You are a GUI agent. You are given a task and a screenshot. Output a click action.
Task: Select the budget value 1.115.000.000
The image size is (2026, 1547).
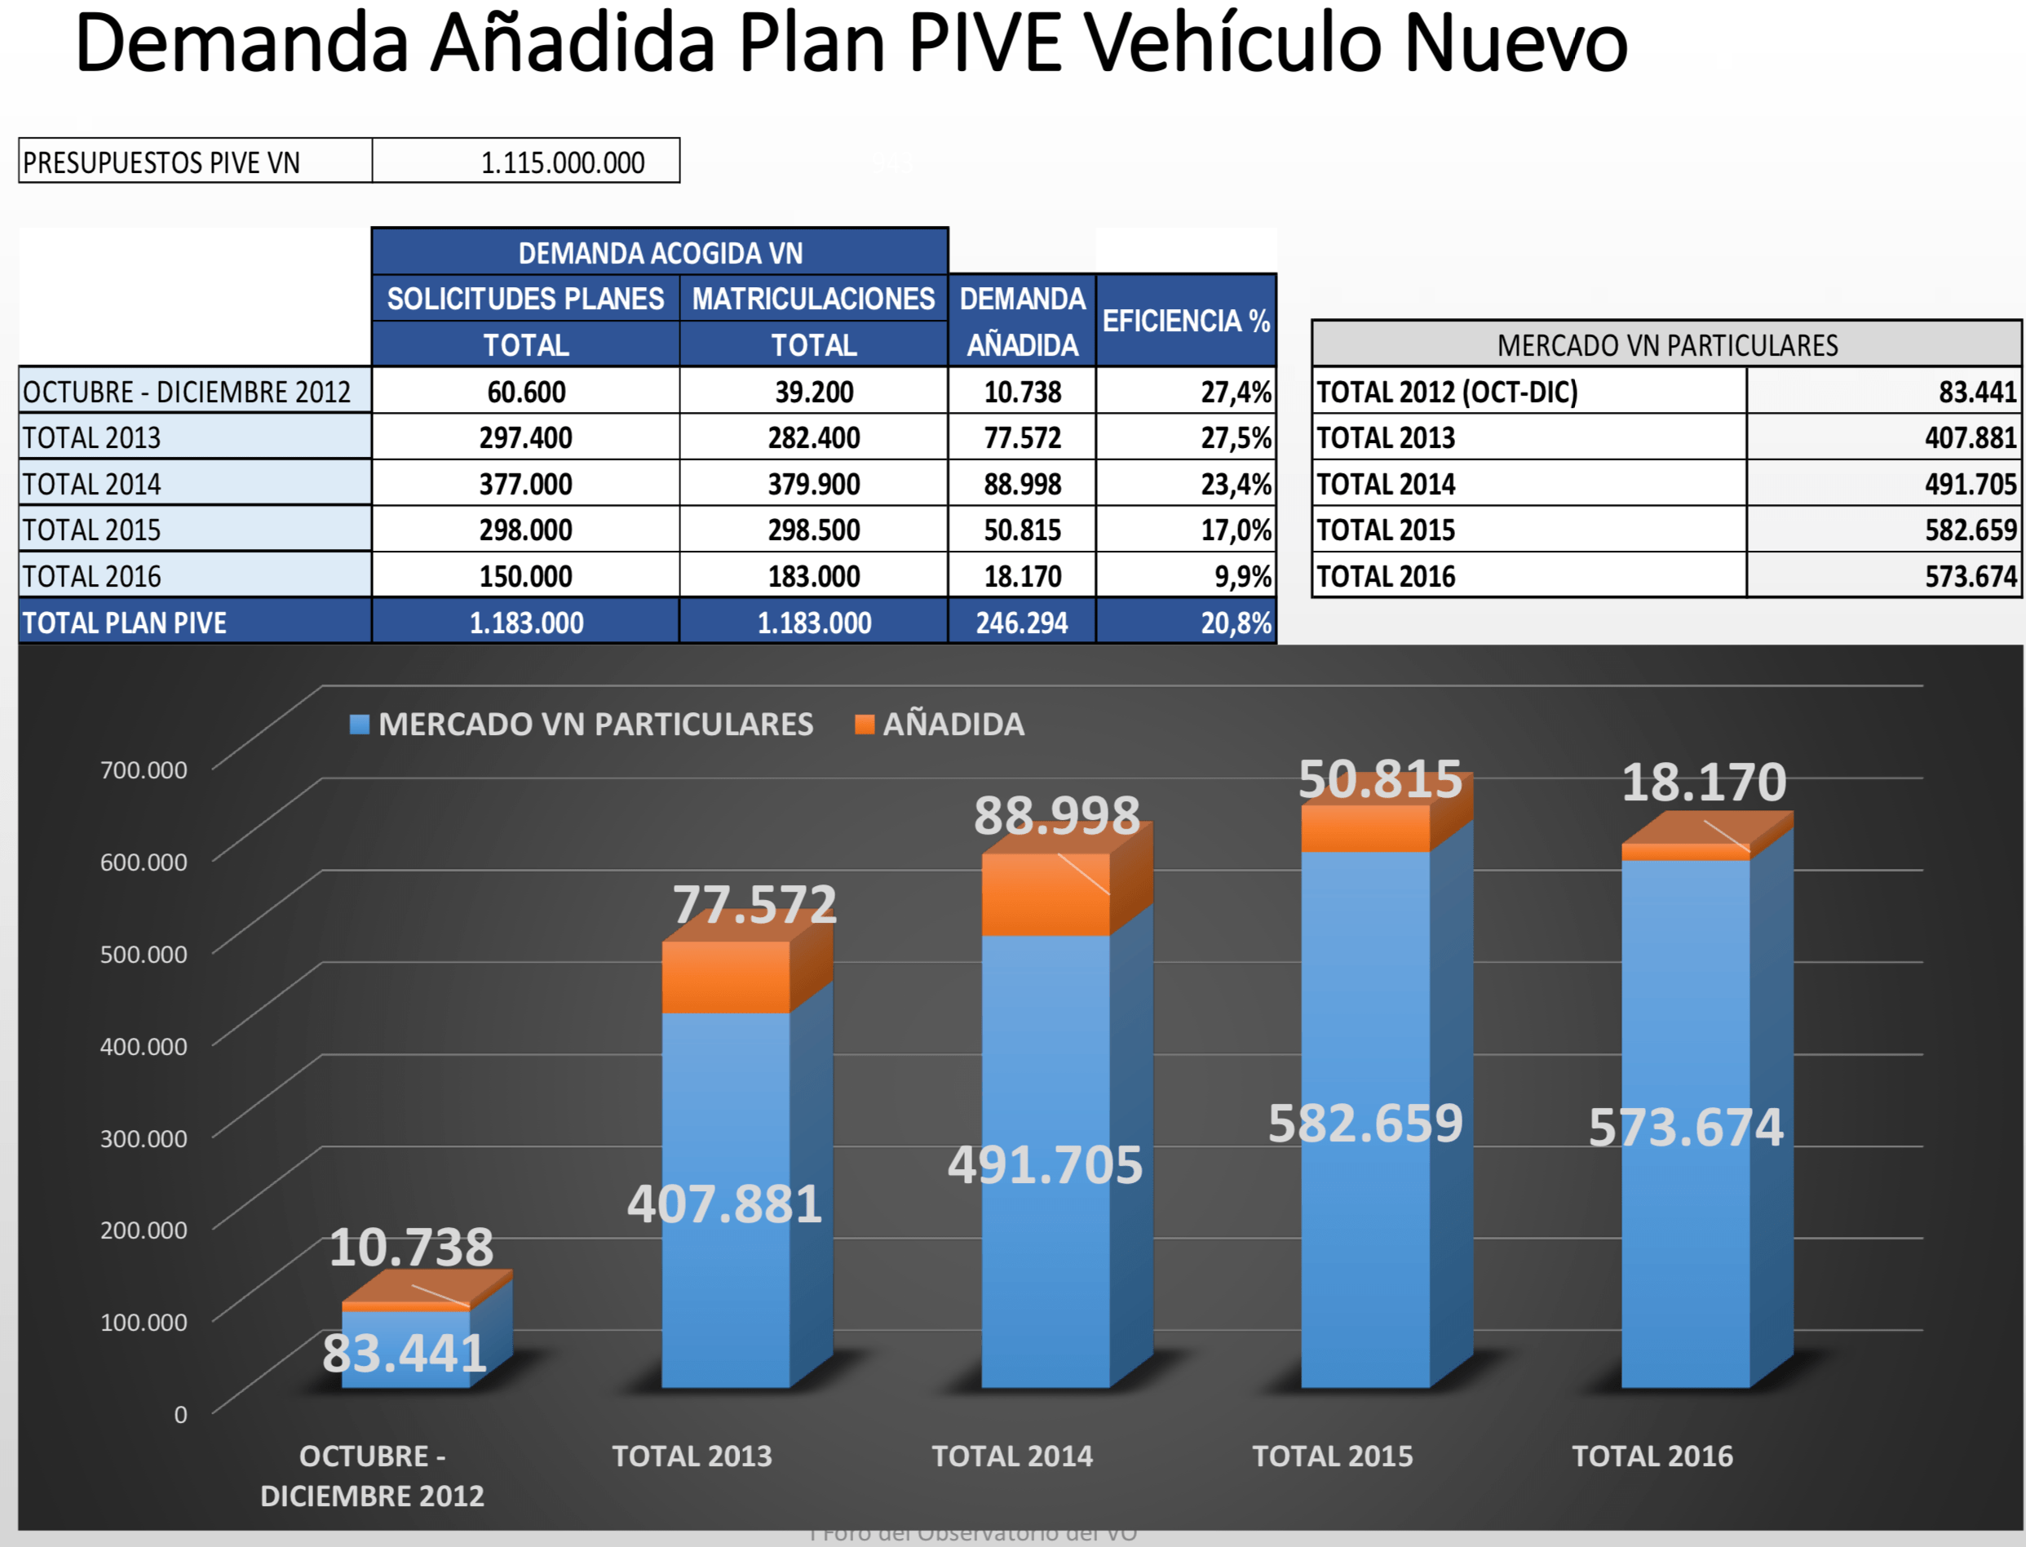(x=563, y=163)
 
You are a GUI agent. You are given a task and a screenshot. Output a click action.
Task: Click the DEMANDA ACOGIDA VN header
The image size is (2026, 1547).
(x=660, y=253)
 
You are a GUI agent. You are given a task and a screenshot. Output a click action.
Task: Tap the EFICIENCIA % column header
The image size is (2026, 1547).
(x=1186, y=321)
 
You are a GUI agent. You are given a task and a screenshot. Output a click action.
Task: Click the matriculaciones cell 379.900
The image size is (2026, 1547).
(x=814, y=485)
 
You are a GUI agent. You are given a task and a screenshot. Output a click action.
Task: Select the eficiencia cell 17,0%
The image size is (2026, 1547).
(x=1236, y=530)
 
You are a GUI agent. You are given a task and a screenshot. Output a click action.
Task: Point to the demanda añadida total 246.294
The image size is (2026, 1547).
(x=1022, y=623)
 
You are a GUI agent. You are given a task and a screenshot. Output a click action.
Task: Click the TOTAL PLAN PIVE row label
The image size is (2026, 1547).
(x=125, y=623)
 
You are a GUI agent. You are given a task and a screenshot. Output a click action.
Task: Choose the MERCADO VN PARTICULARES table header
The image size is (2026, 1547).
(x=1666, y=345)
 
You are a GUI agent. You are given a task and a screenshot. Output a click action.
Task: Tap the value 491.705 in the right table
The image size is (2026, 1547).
(x=1970, y=485)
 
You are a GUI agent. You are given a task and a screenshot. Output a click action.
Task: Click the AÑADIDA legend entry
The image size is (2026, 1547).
(x=953, y=725)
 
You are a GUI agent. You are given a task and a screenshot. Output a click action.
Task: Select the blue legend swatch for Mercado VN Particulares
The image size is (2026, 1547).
(x=360, y=725)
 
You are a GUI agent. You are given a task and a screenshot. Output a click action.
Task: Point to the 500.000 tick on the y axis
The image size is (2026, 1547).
(x=144, y=954)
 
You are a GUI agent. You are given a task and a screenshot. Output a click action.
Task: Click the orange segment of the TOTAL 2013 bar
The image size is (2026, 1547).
(x=725, y=976)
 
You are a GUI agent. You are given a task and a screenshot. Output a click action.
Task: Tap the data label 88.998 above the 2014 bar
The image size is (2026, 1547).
(x=1057, y=816)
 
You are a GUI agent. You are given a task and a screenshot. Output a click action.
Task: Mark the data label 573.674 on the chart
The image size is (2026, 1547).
(x=1685, y=1128)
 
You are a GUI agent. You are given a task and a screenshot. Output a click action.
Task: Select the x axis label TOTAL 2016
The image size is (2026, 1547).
(x=1652, y=1456)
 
